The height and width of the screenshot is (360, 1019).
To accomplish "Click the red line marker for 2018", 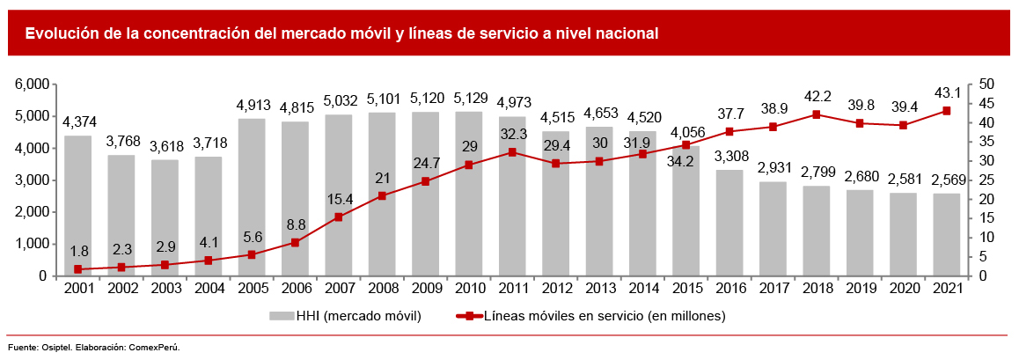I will (x=816, y=114).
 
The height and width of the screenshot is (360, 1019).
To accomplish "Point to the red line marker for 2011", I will (x=512, y=152).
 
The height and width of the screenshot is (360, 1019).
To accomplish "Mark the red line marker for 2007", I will (x=339, y=217).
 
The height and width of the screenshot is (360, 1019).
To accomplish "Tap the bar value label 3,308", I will (x=729, y=158).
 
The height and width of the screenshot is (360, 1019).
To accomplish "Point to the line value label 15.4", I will (x=338, y=199).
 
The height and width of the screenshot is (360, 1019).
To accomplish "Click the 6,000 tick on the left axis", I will (x=30, y=84).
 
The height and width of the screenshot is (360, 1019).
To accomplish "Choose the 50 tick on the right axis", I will (x=986, y=84).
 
